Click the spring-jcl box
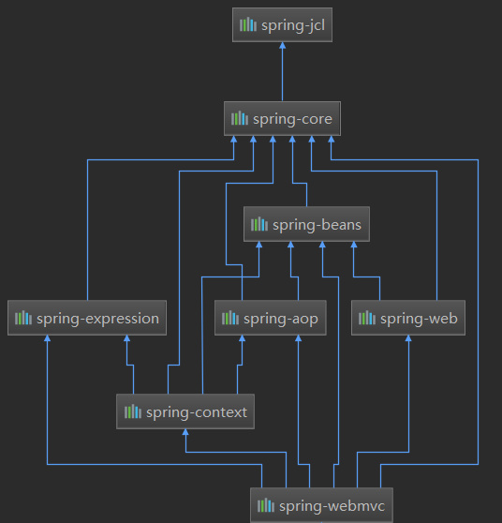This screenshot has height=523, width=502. [282, 24]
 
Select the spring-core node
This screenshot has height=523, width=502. [282, 119]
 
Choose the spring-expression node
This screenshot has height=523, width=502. [87, 318]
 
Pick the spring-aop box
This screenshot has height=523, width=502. [270, 318]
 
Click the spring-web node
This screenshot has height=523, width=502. [408, 318]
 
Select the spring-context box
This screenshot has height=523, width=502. [185, 411]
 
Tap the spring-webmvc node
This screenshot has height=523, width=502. [322, 506]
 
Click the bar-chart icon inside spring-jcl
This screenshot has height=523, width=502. [247, 24]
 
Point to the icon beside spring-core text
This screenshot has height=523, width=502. [240, 119]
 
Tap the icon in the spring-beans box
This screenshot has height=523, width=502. [259, 225]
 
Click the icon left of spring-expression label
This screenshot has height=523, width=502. [23, 318]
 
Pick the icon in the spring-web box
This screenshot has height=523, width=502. [368, 318]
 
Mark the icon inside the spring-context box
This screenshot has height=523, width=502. [132, 411]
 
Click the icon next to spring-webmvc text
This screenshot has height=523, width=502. [267, 506]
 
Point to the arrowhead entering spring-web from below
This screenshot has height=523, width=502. [408, 340]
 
